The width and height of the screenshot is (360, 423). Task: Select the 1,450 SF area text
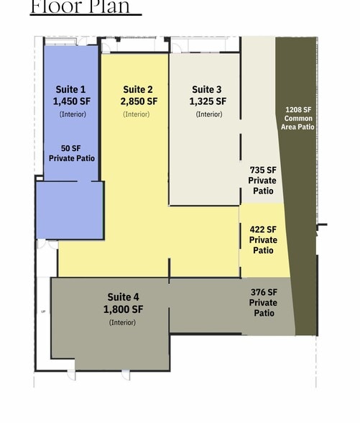point(72,102)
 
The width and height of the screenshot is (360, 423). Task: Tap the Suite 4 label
point(123,297)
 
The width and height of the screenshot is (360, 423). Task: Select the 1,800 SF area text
point(123,309)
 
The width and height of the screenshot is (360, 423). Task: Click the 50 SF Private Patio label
point(72,153)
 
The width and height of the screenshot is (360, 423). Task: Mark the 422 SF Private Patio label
point(263,240)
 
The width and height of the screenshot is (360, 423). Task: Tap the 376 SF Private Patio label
point(264,302)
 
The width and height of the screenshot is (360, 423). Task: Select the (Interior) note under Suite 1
point(72,114)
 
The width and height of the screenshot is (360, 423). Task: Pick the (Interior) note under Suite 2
point(137,114)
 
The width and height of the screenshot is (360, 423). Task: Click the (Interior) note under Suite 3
point(209,114)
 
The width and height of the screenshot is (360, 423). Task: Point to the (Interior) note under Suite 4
point(123,322)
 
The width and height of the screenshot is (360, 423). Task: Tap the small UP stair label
point(42,311)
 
